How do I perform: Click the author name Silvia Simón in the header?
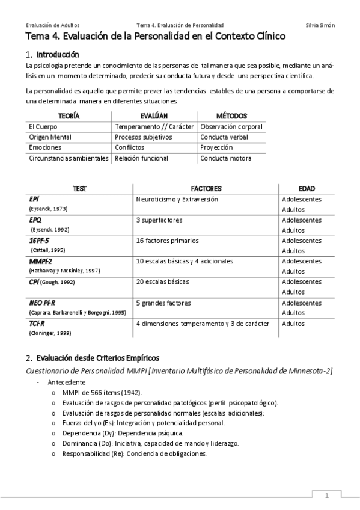pyautogui.click(x=320, y=25)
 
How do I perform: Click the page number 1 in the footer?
pyautogui.click(x=327, y=496)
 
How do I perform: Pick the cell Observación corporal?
pyautogui.click(x=231, y=127)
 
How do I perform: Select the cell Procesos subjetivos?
pyautogui.click(x=144, y=137)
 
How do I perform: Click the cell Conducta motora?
pyautogui.click(x=226, y=158)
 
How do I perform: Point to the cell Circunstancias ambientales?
pyautogui.click(x=69, y=158)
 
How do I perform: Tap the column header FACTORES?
pyautogui.click(x=206, y=188)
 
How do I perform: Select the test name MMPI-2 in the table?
pyautogui.click(x=41, y=262)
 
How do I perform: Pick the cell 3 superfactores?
pyautogui.click(x=159, y=220)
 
